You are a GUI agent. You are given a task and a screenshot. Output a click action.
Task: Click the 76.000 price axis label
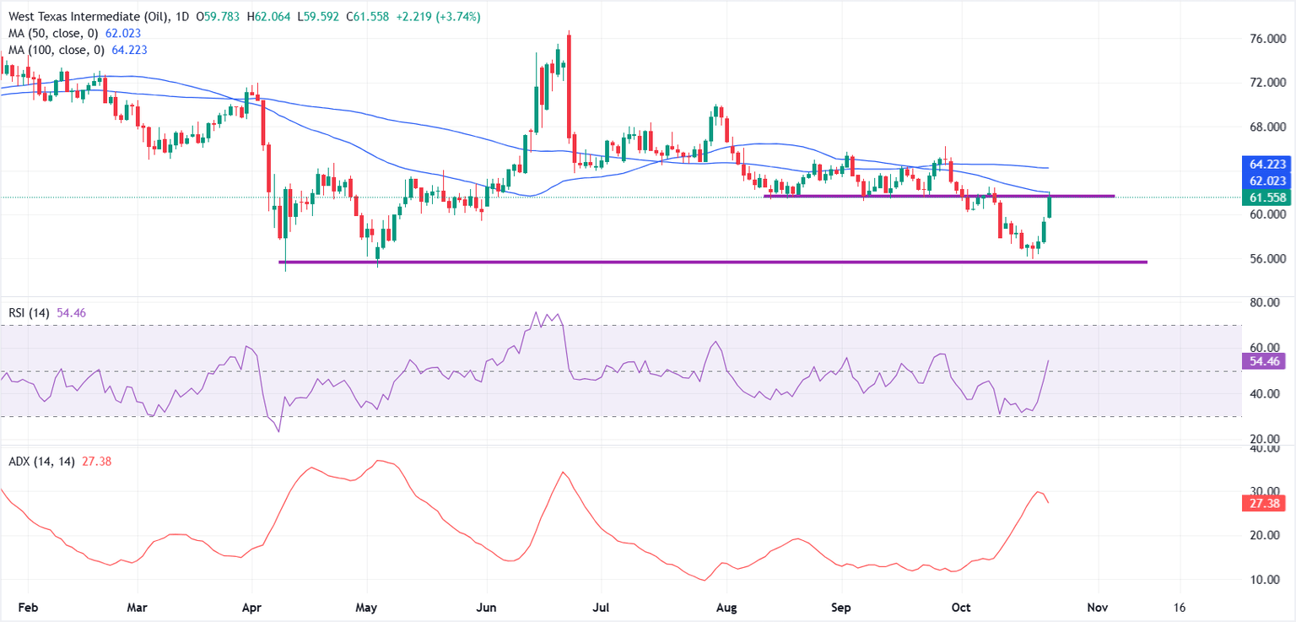1267,39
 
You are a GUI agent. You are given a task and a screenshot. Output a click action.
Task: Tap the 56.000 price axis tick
1267,258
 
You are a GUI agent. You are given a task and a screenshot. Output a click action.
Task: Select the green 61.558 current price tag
1267,197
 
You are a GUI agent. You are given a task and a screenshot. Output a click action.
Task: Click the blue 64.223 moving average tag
1267,164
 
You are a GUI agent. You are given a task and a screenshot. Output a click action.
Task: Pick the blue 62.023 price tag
1267,181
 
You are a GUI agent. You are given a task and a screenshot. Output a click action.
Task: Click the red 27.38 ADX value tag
1267,504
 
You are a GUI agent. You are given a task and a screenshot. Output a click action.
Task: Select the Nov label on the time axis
1097,607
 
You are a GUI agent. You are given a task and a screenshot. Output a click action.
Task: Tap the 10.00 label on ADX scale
1267,580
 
